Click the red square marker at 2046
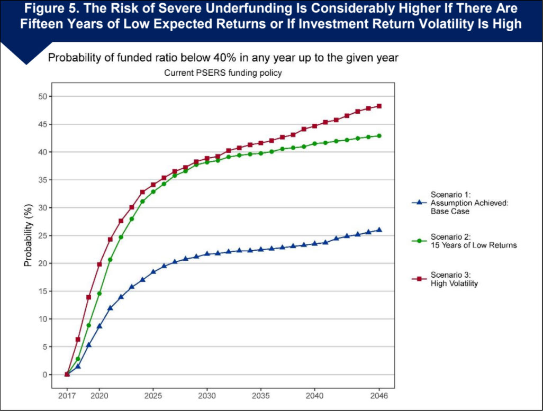coord(379,106)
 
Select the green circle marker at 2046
coord(379,136)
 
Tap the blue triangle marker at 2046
coord(379,230)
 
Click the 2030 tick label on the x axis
coord(207,395)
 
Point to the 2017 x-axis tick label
coord(67,395)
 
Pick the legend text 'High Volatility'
coord(454,284)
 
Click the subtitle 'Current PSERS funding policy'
coord(223,74)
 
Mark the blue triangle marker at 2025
coord(153,271)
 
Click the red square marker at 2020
coord(99,264)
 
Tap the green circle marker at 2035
coord(260,153)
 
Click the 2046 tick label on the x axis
coord(379,395)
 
